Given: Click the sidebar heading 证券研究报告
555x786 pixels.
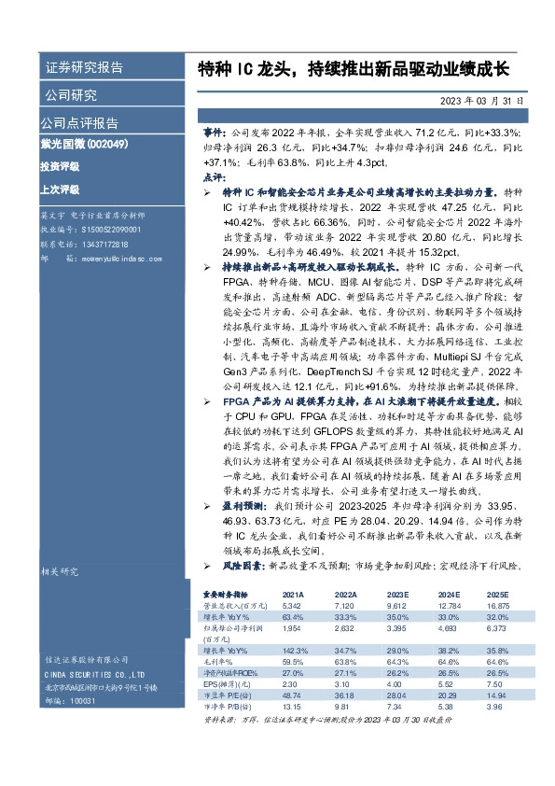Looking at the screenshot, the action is (84, 68).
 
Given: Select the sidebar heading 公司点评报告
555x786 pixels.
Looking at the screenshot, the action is (78, 122).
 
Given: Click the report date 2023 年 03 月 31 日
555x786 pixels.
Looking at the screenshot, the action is (482, 100).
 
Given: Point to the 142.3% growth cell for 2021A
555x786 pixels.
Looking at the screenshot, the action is (294, 649).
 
